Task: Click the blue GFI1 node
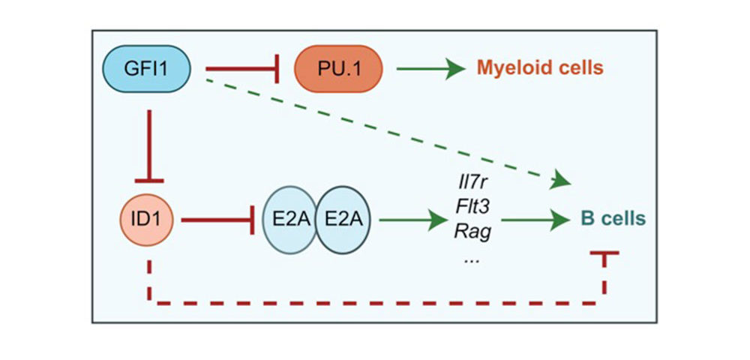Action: click(x=147, y=68)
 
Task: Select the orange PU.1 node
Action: click(x=338, y=69)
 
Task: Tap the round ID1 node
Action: click(x=146, y=220)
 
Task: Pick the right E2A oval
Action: click(x=343, y=220)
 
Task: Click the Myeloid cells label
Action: click(x=540, y=68)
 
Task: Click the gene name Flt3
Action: click(x=469, y=208)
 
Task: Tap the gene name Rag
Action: click(x=469, y=233)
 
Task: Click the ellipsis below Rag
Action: click(x=470, y=261)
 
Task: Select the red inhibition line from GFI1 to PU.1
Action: click(x=242, y=69)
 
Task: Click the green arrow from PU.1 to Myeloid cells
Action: click(x=431, y=69)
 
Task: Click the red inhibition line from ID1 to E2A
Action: click(x=217, y=220)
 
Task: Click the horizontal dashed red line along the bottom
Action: click(x=377, y=303)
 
